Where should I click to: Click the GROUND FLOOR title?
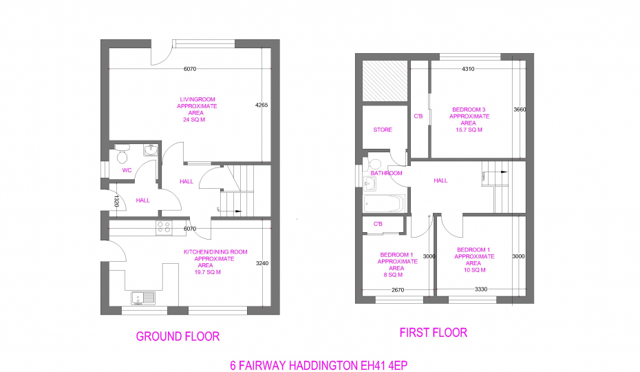point(178,336)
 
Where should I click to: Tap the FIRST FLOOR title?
point(433,333)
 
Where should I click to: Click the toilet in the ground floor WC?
point(122,153)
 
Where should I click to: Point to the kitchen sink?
point(143,298)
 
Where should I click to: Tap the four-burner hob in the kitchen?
point(164,228)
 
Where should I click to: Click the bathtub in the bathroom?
point(384,204)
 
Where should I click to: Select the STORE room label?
point(383,130)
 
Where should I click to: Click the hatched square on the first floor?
point(385,81)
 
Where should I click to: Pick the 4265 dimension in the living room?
point(262,105)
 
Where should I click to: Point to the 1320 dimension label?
point(116,200)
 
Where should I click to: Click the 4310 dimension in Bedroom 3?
point(468,69)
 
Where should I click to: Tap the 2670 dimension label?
point(398,290)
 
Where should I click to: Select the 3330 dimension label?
point(481,289)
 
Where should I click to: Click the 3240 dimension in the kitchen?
point(262,263)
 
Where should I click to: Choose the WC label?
point(127,170)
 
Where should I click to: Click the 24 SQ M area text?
point(194,120)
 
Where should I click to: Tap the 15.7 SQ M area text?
point(469,130)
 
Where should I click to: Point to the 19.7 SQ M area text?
point(207,272)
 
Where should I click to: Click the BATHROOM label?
point(386,173)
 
